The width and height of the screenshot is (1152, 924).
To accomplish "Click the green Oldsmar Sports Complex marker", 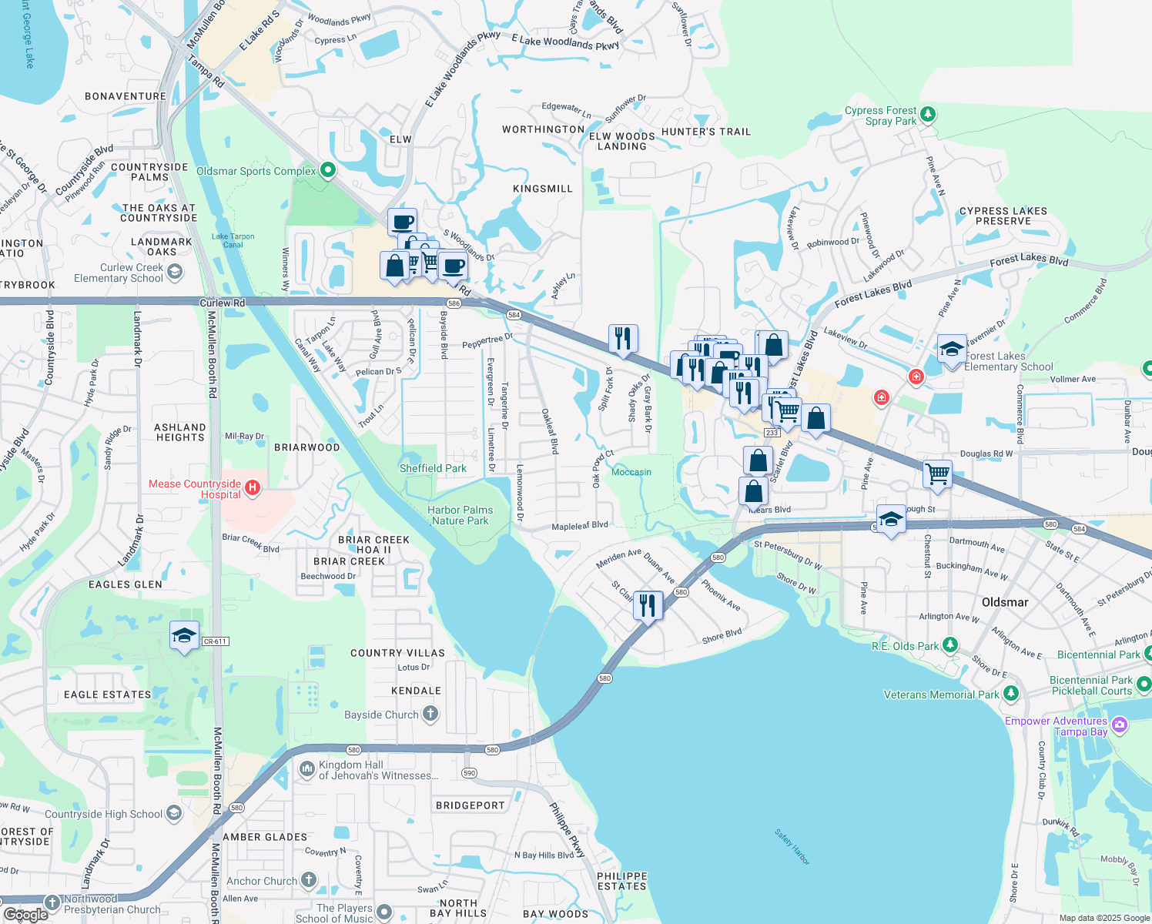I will [x=327, y=170].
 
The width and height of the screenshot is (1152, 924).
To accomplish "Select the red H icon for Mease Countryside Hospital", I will [x=252, y=488].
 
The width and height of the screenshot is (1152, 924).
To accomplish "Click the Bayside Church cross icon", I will [x=430, y=715].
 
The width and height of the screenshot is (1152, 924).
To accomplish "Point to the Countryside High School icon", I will [x=174, y=813].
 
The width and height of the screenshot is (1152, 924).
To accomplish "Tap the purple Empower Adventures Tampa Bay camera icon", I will [x=1120, y=725].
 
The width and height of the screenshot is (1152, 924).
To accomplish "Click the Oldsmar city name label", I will [x=1005, y=602].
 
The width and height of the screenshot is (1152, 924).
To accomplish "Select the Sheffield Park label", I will [x=433, y=468].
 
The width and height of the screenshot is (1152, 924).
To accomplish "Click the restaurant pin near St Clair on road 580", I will [x=648, y=605].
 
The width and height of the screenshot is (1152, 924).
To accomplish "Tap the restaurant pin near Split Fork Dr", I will [x=623, y=338].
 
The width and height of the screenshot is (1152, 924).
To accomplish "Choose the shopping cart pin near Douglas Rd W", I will [x=937, y=474].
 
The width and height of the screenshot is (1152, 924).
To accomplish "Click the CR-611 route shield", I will [x=215, y=641].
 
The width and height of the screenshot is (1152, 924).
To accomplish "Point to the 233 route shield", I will [x=772, y=433].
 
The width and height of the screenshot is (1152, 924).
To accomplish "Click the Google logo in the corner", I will [x=25, y=914].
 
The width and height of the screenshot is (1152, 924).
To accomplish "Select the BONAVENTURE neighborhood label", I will [x=126, y=96].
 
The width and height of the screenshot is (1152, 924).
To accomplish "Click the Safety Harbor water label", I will [x=792, y=847].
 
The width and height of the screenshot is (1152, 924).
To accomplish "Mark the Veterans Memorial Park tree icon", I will [x=1011, y=694].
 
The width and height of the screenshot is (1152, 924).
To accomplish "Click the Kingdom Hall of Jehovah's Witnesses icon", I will [x=307, y=769].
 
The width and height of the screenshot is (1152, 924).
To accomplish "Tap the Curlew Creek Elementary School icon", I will [x=175, y=272].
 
